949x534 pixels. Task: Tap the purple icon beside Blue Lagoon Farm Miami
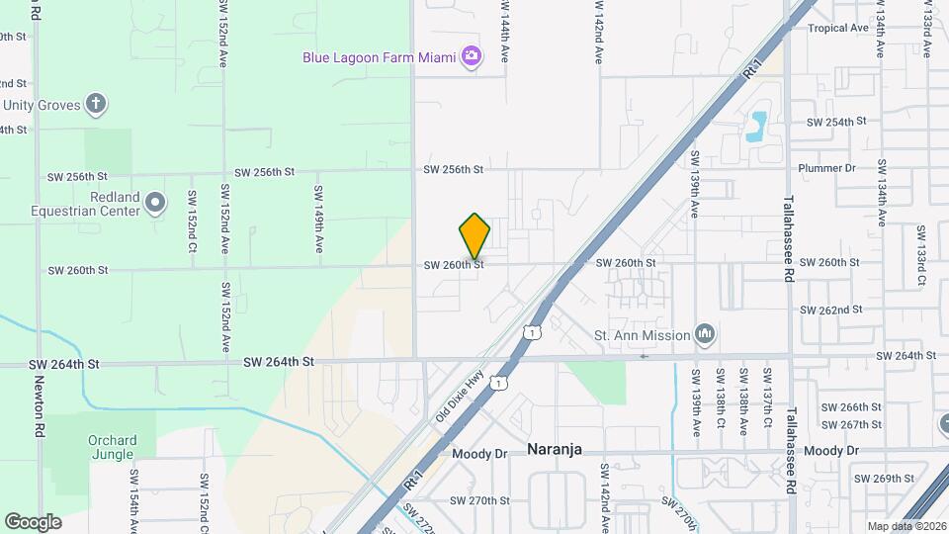point(473,56)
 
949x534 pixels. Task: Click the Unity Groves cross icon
point(96,104)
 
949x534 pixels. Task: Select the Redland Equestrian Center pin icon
point(154,204)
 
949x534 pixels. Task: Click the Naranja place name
point(553,449)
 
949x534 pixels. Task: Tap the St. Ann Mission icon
point(705,334)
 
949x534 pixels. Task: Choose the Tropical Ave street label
point(837,29)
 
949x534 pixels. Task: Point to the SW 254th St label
point(836,122)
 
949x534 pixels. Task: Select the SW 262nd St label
point(834,310)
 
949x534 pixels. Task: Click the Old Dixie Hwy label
point(459,396)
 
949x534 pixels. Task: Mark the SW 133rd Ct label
point(920,255)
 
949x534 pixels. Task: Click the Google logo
point(33,522)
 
